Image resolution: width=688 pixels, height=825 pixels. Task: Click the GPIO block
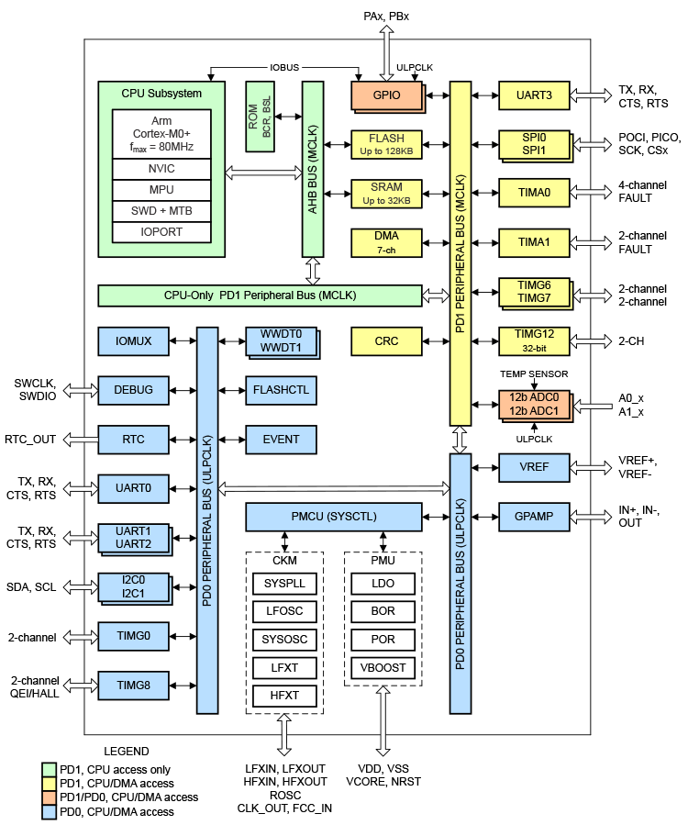click(386, 94)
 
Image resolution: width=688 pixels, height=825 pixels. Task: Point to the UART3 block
click(533, 94)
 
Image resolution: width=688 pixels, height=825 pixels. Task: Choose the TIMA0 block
click(533, 193)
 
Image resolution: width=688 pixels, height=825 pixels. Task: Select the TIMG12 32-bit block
click(533, 340)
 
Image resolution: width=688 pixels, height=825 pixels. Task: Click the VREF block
click(533, 467)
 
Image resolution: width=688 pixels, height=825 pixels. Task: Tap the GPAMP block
click(533, 517)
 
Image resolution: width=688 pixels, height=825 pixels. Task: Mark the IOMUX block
click(134, 340)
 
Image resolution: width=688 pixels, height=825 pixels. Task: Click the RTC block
click(134, 440)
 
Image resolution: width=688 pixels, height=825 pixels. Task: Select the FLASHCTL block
click(281, 390)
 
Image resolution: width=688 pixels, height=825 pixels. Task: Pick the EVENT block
click(281, 440)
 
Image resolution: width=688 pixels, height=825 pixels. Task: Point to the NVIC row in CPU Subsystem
click(161, 169)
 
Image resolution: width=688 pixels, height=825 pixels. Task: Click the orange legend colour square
click(49, 797)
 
